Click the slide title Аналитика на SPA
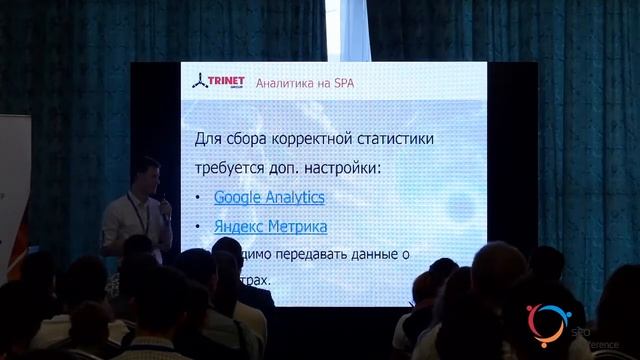click(x=305, y=83)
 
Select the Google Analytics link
click(x=269, y=197)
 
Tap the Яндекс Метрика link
click(x=270, y=226)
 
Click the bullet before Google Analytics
click(x=199, y=198)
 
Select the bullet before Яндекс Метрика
click(x=199, y=227)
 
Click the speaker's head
click(x=147, y=171)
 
